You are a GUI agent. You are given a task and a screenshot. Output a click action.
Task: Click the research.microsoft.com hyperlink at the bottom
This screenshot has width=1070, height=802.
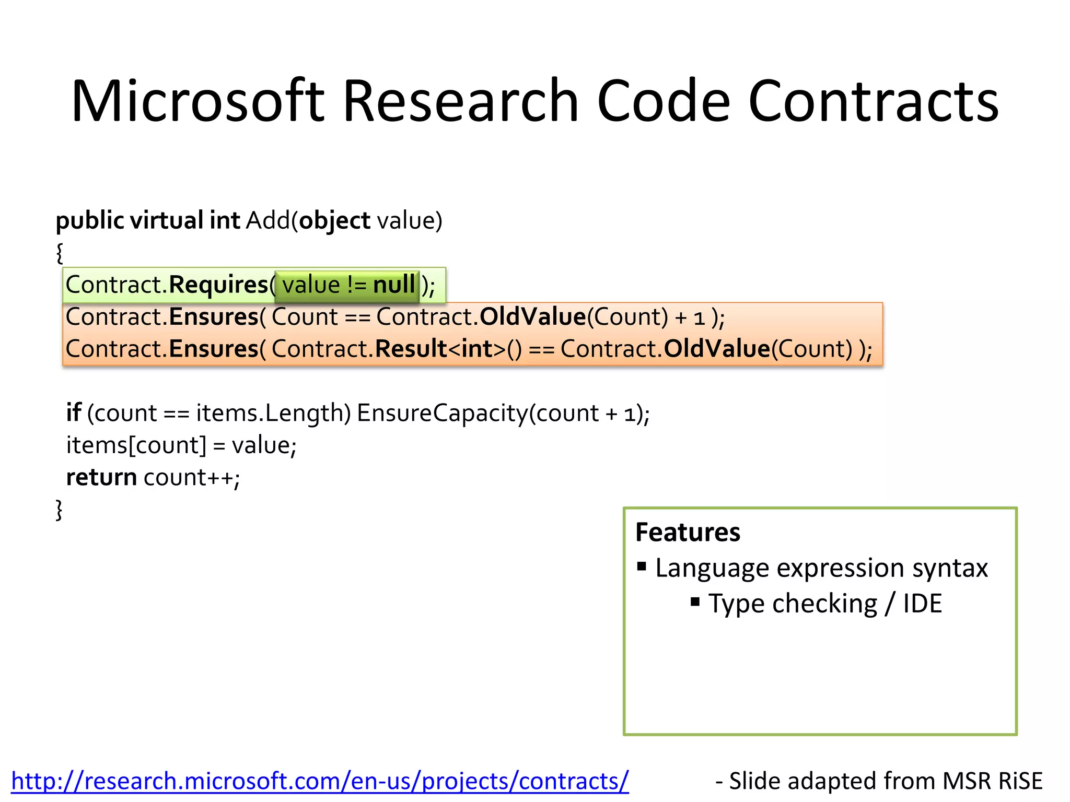click(320, 781)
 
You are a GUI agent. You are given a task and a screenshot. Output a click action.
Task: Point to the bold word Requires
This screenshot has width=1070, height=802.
click(218, 285)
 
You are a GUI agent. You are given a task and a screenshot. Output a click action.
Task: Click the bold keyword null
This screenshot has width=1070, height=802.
click(394, 285)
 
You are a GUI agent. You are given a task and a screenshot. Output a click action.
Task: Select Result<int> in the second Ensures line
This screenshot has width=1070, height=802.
click(440, 349)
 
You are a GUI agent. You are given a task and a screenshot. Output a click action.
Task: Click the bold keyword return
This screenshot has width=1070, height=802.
click(101, 477)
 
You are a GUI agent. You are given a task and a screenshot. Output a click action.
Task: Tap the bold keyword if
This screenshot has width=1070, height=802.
click(73, 413)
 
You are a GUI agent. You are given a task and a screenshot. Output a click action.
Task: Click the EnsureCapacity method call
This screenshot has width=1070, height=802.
click(442, 413)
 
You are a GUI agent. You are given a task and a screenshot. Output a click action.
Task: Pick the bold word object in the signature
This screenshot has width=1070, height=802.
click(334, 220)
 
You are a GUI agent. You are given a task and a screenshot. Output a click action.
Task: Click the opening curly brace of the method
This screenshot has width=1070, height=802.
click(60, 253)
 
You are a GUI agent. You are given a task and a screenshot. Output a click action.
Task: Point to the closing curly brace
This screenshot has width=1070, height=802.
click(59, 510)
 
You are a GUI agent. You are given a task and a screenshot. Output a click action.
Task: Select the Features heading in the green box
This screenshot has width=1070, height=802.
click(688, 533)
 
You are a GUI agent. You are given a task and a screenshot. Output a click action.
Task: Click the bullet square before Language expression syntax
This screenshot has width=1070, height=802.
click(642, 567)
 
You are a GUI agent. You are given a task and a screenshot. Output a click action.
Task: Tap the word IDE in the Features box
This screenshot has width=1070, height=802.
click(922, 604)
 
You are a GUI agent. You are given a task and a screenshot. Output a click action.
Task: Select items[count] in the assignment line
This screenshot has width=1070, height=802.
click(136, 445)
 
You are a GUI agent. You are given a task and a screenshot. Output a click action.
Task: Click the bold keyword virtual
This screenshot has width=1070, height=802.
click(167, 220)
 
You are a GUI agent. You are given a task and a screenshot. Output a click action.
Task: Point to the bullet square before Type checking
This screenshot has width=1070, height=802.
click(695, 602)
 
